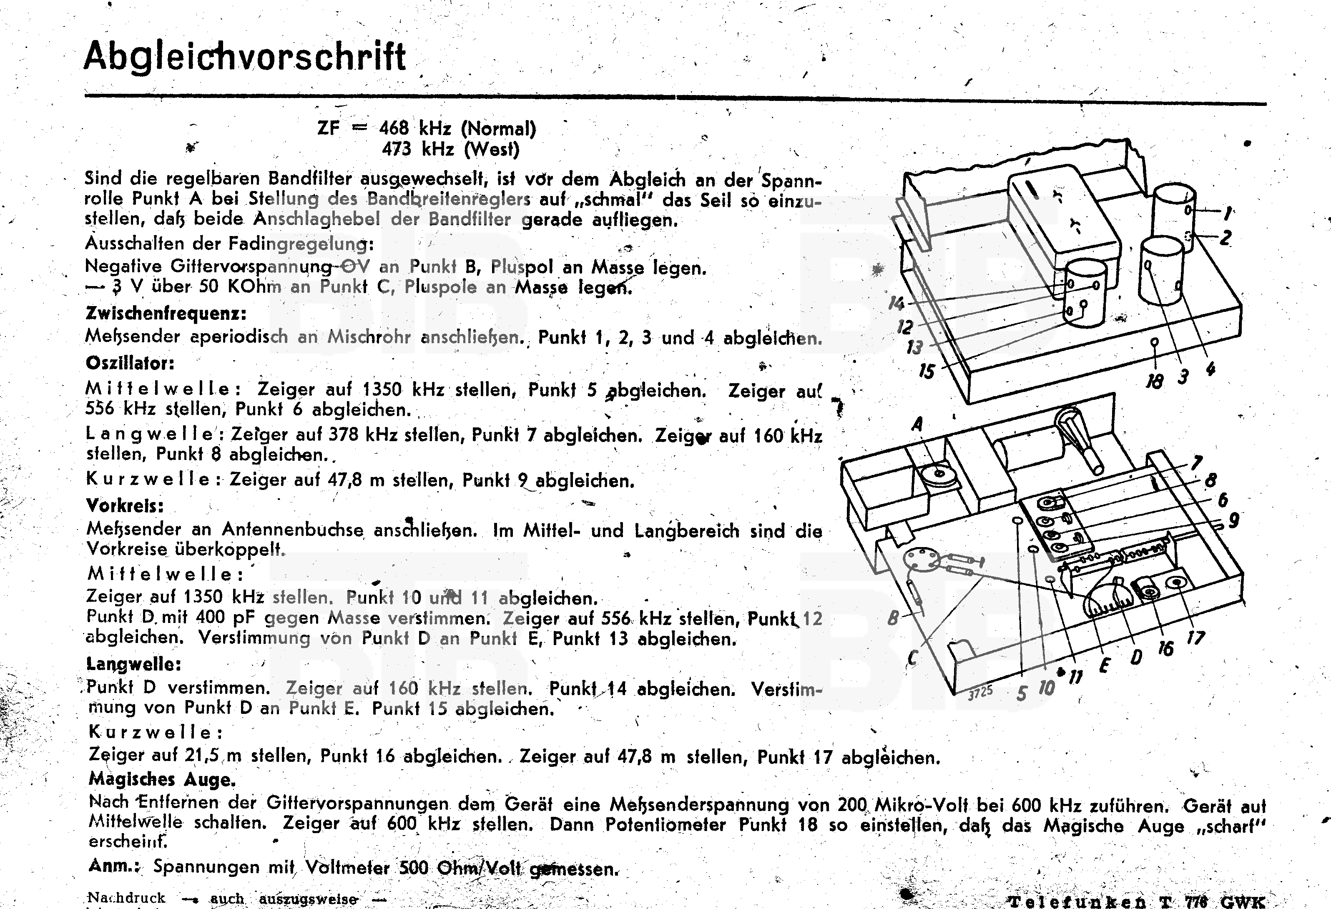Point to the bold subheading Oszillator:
[130, 363]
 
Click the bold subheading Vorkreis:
[125, 505]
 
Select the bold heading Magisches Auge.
[162, 779]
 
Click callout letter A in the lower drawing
[917, 424]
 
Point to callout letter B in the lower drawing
[892, 618]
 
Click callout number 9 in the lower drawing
[1234, 520]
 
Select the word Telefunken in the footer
[1077, 901]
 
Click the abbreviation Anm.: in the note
[114, 866]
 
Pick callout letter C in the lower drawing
[912, 658]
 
